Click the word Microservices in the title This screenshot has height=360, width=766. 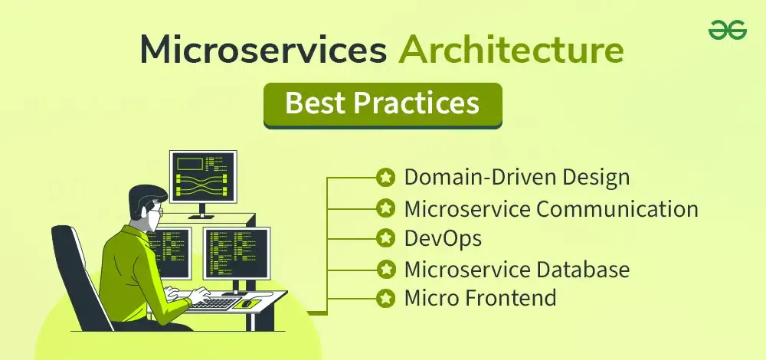tap(264, 51)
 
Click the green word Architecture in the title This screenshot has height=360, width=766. tap(511, 51)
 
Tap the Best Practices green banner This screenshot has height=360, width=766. tap(383, 105)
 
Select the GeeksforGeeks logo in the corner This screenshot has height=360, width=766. tap(728, 31)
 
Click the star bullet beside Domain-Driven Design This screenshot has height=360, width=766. tap(386, 177)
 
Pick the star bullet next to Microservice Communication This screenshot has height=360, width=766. tap(386, 208)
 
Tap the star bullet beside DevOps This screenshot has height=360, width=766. tap(386, 238)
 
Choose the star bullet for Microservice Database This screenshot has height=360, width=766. tap(386, 269)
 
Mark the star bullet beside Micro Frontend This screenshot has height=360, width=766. tap(386, 297)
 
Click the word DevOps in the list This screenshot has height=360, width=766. tap(443, 238)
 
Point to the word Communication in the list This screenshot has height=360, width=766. tap(617, 209)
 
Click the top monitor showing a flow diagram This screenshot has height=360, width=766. tap(203, 177)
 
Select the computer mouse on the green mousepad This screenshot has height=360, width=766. tap(247, 304)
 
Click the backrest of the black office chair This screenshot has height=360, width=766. tap(76, 273)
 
